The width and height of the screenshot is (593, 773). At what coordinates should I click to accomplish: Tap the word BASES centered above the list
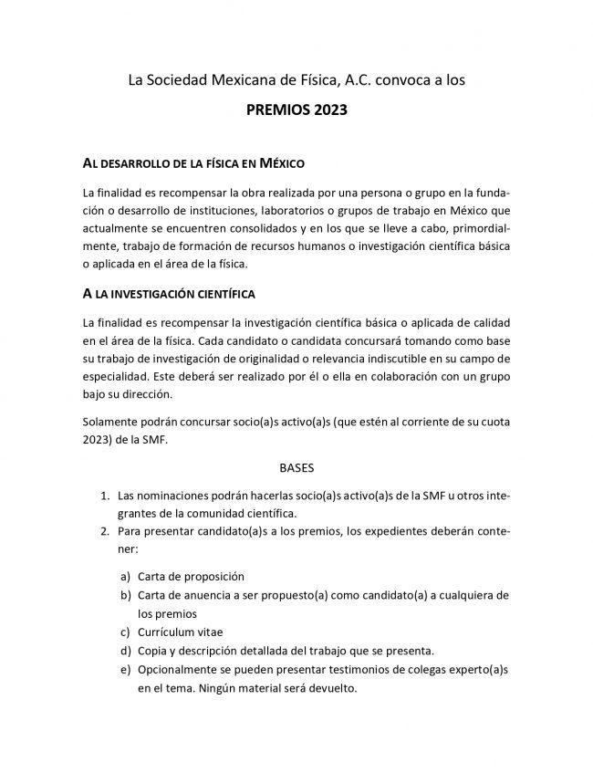pyautogui.click(x=296, y=468)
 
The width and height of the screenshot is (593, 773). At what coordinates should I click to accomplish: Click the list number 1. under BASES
pyautogui.click(x=105, y=496)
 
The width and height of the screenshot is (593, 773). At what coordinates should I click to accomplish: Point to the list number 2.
pyautogui.click(x=105, y=532)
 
